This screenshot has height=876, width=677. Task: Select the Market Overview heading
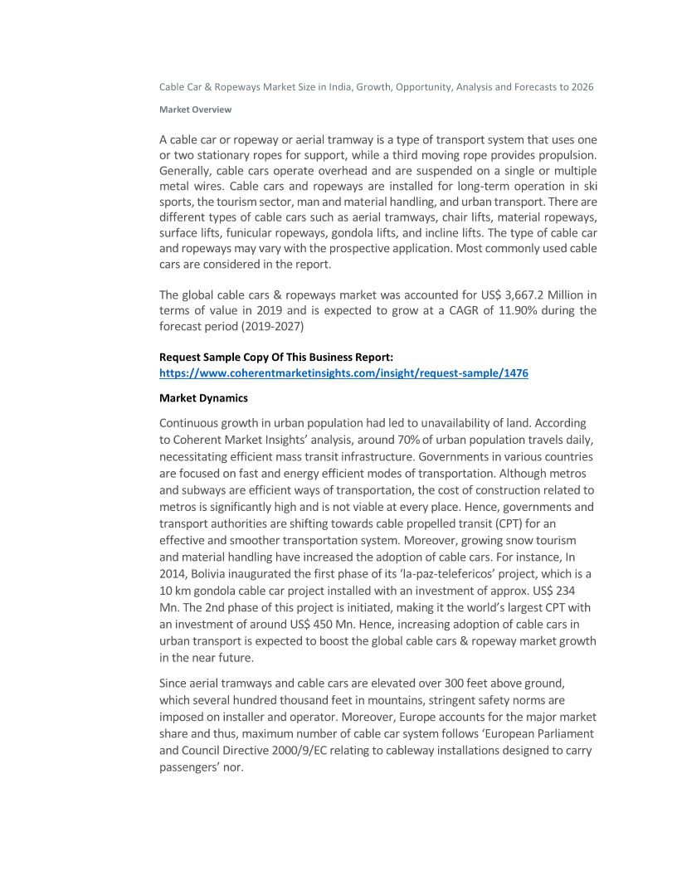[x=195, y=109]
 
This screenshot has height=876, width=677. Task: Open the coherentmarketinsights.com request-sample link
[x=343, y=373]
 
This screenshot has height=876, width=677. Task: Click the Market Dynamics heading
[x=203, y=398]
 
